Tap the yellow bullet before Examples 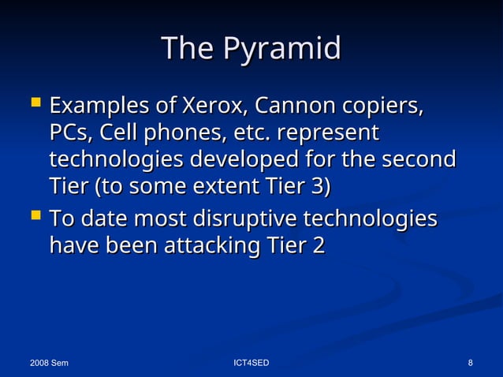pos(32,103)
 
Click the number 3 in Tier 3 pos(320,188)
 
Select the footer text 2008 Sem pos(48,363)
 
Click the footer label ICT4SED pos(251,363)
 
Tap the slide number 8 pos(470,363)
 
